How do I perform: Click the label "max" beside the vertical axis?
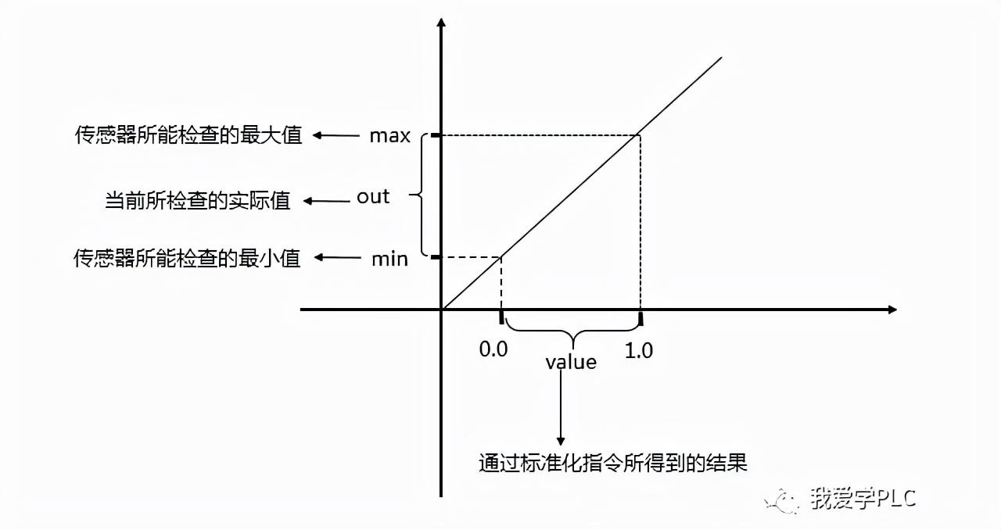(x=390, y=136)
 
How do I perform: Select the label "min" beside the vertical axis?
(x=389, y=259)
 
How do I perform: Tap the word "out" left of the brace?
(x=373, y=197)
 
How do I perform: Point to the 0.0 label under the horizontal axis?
(x=493, y=349)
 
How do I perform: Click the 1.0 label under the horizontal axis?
(x=639, y=351)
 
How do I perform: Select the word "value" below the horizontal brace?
(x=571, y=363)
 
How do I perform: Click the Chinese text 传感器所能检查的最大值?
(x=188, y=136)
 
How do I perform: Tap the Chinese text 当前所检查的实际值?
(x=197, y=201)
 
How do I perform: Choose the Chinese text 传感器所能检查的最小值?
(x=188, y=259)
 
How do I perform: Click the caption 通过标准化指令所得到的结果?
(x=613, y=463)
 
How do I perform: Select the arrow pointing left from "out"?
(x=326, y=201)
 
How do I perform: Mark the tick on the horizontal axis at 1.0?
(x=640, y=318)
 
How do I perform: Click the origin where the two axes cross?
(x=442, y=310)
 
